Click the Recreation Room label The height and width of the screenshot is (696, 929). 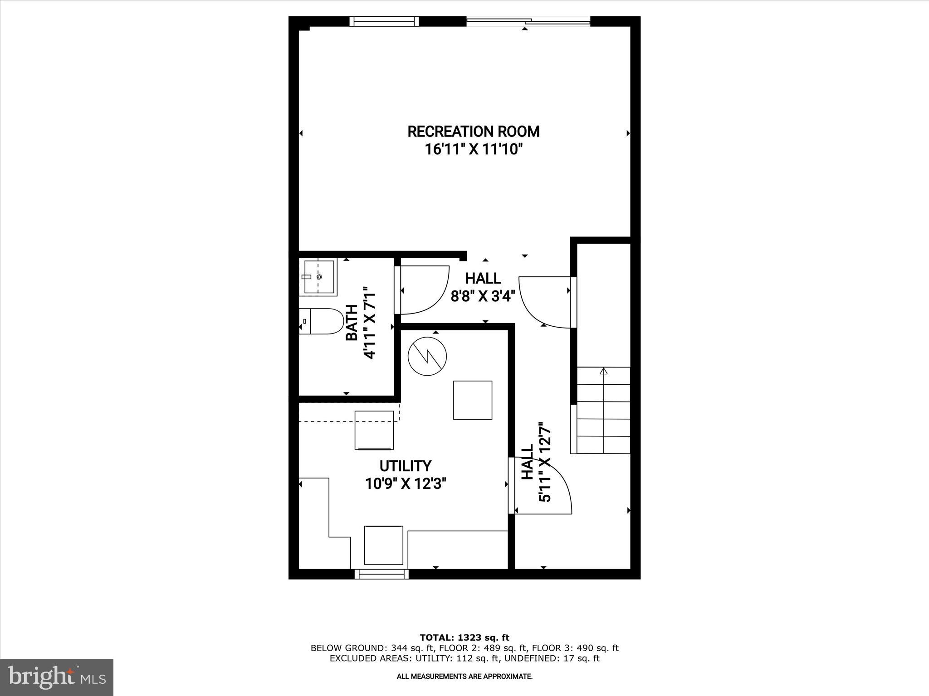coord(473,132)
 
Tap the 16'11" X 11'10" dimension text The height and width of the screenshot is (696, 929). coord(473,149)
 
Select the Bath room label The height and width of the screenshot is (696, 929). coord(352,322)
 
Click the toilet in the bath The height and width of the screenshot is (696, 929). coord(320,321)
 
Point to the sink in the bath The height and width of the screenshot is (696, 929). coord(318,276)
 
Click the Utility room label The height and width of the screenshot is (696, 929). coord(405,466)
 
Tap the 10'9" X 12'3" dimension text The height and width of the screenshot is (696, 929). coord(406,484)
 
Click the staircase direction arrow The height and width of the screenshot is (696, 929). coord(603,372)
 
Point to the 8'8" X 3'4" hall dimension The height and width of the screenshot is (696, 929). coord(483,296)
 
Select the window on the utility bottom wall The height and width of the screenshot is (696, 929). coord(381,574)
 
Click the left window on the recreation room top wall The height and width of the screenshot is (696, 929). coord(384,21)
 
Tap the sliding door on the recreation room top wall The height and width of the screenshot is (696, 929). coord(528,21)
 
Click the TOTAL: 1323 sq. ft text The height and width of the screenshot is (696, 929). coord(464,638)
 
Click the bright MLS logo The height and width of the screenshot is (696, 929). coord(56,677)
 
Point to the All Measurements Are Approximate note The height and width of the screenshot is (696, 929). coord(464,677)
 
